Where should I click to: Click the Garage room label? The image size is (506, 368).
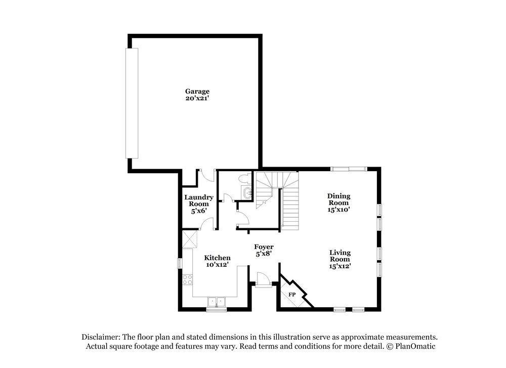pyautogui.click(x=197, y=92)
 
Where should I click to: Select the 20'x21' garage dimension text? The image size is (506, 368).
pyautogui.click(x=197, y=99)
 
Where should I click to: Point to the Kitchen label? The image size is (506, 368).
pyautogui.click(x=218, y=258)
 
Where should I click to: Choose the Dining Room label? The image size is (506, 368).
pyautogui.click(x=339, y=199)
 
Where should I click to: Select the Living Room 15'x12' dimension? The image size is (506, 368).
pyautogui.click(x=340, y=266)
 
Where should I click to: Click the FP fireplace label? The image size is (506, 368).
pyautogui.click(x=292, y=295)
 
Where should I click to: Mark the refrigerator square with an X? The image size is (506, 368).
pyautogui.click(x=189, y=239)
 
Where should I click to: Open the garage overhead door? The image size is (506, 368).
pyautogui.click(x=132, y=103)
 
